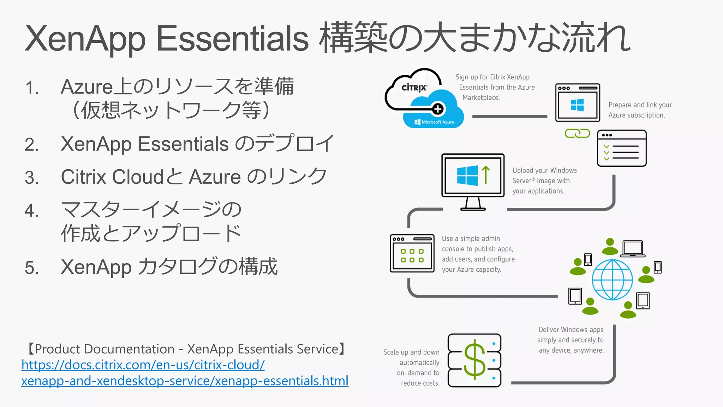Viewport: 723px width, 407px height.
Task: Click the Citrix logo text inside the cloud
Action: (x=414, y=88)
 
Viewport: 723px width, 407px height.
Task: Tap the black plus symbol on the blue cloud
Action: (x=438, y=109)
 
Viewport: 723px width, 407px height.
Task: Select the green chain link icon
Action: (x=577, y=133)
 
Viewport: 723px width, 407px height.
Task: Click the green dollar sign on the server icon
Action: (x=474, y=360)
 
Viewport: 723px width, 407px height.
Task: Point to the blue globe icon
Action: (x=612, y=279)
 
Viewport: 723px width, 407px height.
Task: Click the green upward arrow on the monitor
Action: (x=486, y=175)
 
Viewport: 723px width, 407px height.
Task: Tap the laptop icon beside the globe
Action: (x=633, y=248)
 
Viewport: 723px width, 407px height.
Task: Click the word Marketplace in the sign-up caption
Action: (x=481, y=98)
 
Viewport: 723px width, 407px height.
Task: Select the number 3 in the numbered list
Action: (x=32, y=177)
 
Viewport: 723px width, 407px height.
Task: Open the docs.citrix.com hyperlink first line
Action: (x=143, y=365)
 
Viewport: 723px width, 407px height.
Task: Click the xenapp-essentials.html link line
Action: (x=185, y=381)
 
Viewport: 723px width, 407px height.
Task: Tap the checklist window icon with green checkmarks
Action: (x=622, y=148)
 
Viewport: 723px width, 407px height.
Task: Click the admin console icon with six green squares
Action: (x=412, y=253)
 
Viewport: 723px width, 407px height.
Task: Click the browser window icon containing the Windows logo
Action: (x=578, y=103)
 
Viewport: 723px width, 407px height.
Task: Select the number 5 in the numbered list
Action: (x=32, y=267)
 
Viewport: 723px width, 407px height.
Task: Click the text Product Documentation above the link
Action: (x=104, y=349)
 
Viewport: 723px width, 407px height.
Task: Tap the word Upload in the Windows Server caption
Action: (x=522, y=170)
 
